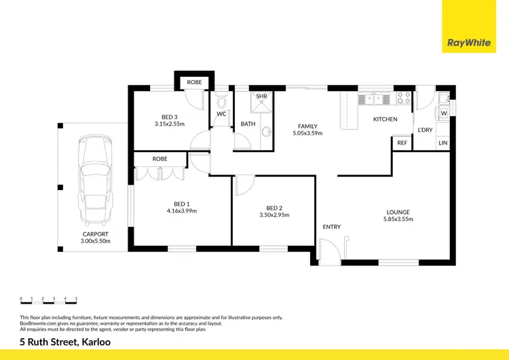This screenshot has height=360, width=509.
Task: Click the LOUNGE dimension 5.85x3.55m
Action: pos(398,219)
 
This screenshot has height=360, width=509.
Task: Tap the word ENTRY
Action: pos(332,227)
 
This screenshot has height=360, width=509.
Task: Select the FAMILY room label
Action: pos(307,126)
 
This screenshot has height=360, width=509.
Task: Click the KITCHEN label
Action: pos(385,120)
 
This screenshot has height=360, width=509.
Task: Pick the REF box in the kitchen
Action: pos(402,143)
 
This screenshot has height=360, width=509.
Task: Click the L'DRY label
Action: pos(425,130)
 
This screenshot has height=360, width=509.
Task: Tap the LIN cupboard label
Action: pos(442,143)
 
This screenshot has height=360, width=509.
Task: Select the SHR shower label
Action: pos(262,96)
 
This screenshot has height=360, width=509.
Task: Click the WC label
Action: pos(221,114)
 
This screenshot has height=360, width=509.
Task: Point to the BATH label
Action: pos(248,124)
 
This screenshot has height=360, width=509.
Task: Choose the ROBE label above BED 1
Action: pos(160,158)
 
